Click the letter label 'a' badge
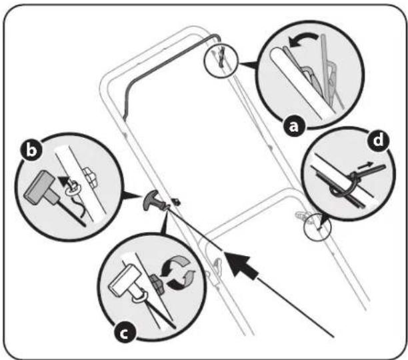tap(294, 127)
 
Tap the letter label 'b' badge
tap(31, 150)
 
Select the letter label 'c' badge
tap(125, 333)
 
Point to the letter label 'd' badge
tap(379, 141)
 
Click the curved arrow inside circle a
tap(303, 40)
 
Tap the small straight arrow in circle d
tap(364, 165)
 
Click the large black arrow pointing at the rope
tap(241, 266)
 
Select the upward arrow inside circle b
tap(63, 180)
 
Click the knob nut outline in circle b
tap(90, 176)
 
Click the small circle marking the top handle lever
tap(221, 60)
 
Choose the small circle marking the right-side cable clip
tap(317, 227)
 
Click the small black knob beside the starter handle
tap(177, 201)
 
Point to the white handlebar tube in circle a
tap(302, 83)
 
